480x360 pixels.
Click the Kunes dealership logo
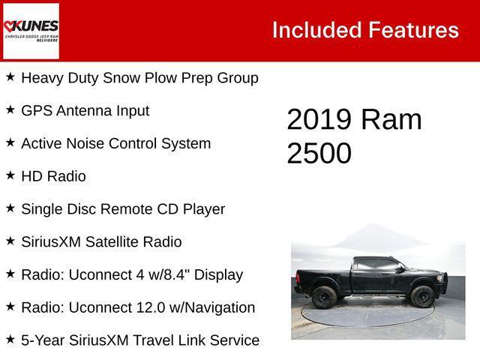31,31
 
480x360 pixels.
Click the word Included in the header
315,30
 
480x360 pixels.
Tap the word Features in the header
412,30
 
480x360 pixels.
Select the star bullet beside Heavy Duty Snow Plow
10,76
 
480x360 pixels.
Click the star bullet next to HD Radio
10,175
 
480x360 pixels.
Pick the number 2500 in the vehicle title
319,153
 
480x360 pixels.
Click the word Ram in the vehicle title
391,120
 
